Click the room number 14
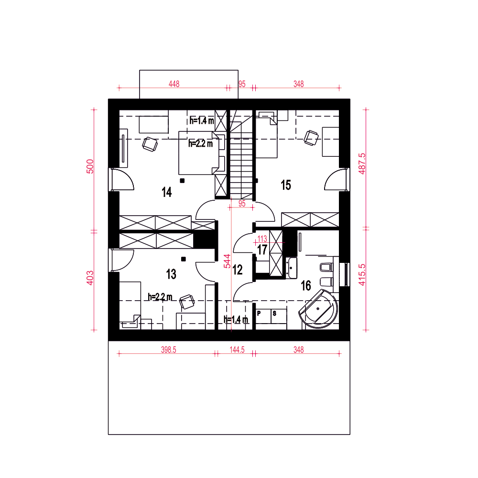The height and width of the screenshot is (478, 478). tap(167, 192)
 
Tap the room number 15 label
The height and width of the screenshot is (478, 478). tap(286, 185)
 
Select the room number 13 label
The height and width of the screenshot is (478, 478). tap(171, 274)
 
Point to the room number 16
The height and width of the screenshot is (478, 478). tap(306, 286)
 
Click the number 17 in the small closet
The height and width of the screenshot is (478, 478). tap(262, 250)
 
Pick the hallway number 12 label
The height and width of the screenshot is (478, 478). tap(238, 270)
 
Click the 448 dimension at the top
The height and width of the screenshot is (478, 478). tap(174, 84)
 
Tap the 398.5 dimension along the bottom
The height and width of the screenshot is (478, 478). tap(169, 350)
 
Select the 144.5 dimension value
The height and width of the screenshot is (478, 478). tap(237, 350)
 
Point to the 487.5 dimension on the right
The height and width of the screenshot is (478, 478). tap(362, 163)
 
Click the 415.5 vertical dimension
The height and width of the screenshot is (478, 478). tap(362, 275)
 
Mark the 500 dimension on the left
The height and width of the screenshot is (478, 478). tap(90, 166)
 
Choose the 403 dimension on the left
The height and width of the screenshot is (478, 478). tap(90, 278)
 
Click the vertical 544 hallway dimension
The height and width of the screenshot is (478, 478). tap(228, 261)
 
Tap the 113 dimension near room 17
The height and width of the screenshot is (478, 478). tap(262, 239)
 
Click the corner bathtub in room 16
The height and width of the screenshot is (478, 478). tap(318, 308)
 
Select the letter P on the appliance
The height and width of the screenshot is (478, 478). tap(259, 313)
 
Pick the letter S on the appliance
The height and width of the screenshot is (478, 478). tap(274, 313)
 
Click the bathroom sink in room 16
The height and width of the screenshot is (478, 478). tap(292, 268)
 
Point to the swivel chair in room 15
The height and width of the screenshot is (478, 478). tap(311, 138)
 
